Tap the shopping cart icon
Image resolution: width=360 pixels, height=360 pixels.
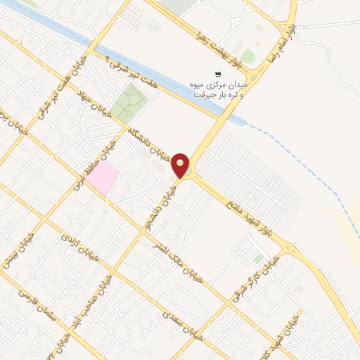point(219,73)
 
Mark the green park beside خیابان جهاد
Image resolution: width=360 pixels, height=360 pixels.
point(127,103)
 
